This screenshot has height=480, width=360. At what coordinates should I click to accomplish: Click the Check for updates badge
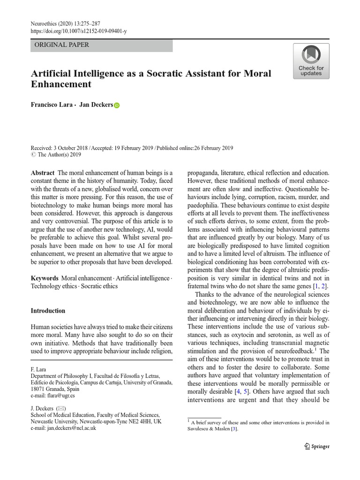coord(311,61)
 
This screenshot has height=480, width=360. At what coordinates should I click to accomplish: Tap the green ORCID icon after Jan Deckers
coord(117,105)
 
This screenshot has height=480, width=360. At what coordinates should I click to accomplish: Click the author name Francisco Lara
coord(51,105)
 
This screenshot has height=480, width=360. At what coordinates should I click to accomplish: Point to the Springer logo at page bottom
coord(316,446)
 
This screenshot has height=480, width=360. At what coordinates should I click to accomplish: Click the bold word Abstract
coord(43,173)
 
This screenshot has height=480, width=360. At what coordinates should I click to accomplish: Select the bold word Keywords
coord(45,278)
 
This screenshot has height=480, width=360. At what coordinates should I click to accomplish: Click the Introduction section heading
coord(48,311)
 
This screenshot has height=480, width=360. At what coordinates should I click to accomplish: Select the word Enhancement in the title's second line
coord(61,85)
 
